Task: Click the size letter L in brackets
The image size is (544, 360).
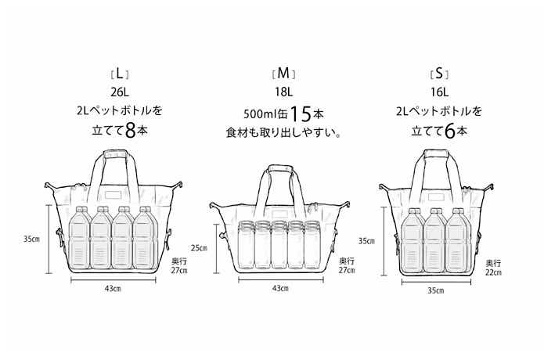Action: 120,74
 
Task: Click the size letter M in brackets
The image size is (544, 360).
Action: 284,74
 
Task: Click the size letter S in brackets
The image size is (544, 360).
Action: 439,74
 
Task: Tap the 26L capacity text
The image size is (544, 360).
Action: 120,92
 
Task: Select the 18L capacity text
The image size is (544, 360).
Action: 284,92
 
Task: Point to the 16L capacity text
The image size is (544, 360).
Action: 440,92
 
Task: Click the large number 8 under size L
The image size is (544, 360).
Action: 131,131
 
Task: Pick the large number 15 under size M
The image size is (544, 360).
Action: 301,114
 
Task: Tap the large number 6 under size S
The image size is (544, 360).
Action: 449,131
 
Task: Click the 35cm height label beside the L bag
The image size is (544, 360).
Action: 31,239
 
